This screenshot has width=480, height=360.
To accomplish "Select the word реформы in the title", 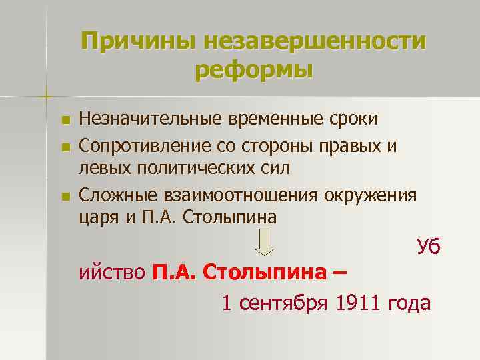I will [254, 69].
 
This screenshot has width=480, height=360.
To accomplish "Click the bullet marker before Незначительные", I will [65, 121].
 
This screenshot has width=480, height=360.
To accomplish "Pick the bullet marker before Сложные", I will [65, 196].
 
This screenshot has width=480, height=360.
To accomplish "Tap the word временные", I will [279, 119].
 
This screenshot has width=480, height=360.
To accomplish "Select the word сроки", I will [354, 119].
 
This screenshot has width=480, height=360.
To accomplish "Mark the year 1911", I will [361, 303].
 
